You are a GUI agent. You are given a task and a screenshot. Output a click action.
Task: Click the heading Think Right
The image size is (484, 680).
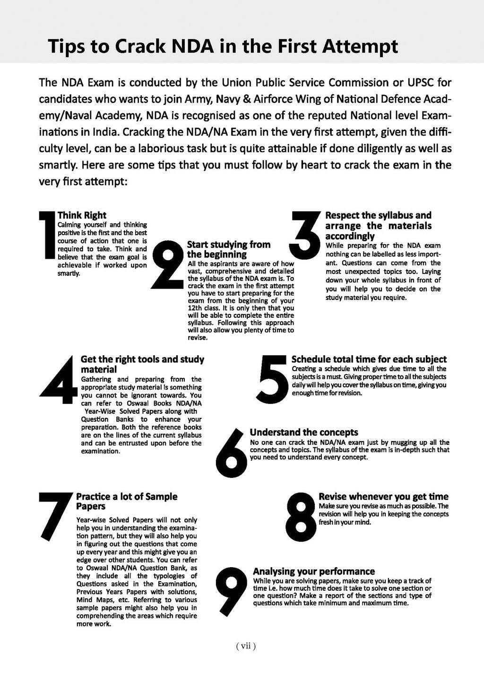(82, 215)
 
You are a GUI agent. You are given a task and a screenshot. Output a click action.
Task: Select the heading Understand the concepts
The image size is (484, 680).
(304, 432)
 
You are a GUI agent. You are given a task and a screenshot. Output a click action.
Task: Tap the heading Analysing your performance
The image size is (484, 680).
(314, 571)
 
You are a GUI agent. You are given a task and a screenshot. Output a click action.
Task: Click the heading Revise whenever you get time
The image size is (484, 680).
(383, 496)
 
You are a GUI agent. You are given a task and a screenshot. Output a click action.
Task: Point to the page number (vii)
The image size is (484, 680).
(245, 646)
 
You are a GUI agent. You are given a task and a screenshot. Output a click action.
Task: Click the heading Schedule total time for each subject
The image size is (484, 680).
(369, 359)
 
